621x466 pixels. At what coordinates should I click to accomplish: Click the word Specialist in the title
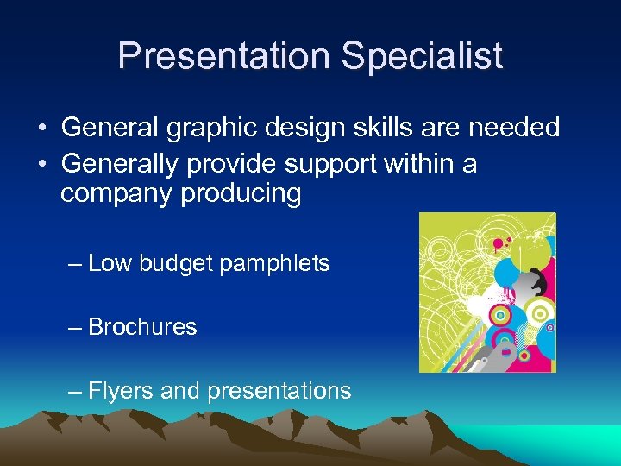tap(422, 56)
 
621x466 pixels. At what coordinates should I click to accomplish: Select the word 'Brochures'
tap(142, 327)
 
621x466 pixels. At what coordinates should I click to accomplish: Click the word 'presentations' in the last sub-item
tap(278, 391)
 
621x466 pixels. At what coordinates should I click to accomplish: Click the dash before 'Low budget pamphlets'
tap(75, 264)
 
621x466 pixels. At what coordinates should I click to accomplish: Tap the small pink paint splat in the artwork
tap(509, 241)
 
